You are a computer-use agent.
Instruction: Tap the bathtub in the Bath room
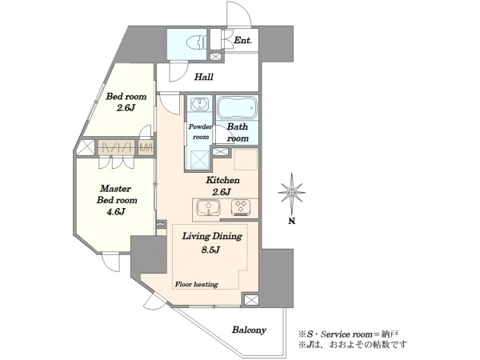point(238,107)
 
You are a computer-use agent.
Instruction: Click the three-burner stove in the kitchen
point(241,207)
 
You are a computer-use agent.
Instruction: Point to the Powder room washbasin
point(199,103)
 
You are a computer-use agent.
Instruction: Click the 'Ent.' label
point(242,40)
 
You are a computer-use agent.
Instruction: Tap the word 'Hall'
point(204,77)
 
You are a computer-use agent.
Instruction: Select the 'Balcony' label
point(249,330)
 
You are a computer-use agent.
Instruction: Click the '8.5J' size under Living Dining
point(210,250)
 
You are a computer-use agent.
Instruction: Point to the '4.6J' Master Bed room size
point(116,211)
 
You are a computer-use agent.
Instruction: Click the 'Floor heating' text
point(196,284)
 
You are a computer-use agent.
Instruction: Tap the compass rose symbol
point(292,192)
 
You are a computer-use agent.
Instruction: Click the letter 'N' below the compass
point(292,221)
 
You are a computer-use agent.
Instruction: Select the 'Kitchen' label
point(222,180)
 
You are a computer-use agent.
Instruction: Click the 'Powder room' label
point(201,132)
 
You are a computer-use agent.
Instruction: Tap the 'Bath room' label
point(238,132)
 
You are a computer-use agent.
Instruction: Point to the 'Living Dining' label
point(212,236)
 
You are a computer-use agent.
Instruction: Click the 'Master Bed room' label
point(117,194)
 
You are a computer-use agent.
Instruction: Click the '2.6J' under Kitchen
point(222,192)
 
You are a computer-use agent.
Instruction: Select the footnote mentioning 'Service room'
point(348,334)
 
